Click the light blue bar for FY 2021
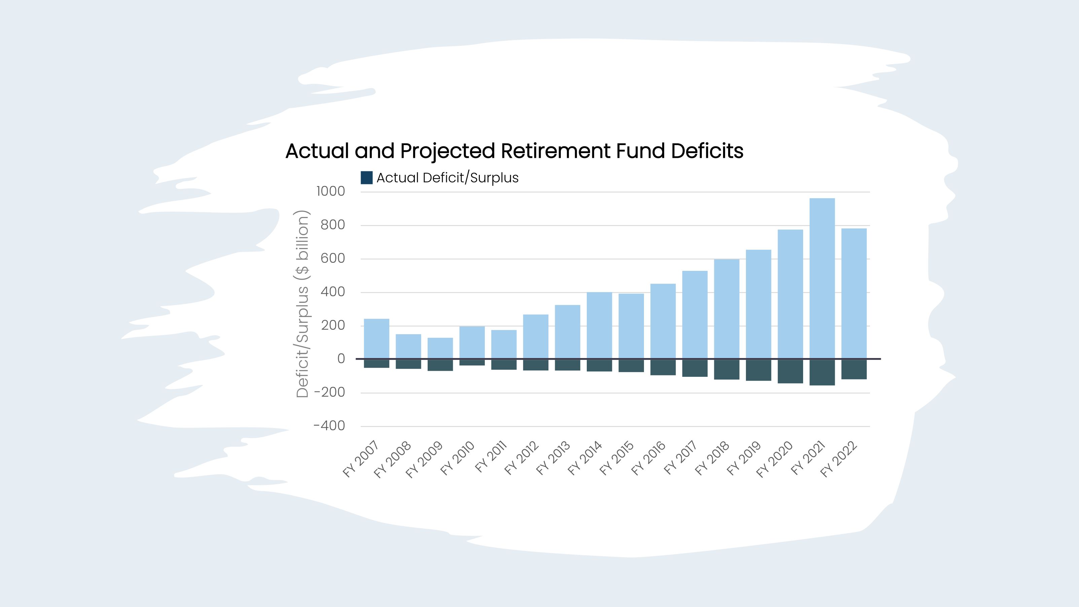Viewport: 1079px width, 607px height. (822, 279)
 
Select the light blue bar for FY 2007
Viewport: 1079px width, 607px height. (376, 339)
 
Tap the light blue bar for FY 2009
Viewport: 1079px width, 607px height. (440, 348)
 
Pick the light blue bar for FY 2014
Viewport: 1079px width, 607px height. (599, 325)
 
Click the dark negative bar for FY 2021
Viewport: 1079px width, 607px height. (822, 372)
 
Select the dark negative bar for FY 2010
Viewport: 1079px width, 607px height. (472, 362)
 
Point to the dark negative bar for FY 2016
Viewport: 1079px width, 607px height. (663, 367)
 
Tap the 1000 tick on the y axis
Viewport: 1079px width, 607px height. (330, 191)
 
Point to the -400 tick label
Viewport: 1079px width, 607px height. (329, 426)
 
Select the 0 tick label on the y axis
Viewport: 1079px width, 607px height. (341, 359)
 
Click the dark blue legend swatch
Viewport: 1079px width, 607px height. (366, 178)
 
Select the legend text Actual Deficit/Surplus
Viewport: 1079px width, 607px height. (447, 178)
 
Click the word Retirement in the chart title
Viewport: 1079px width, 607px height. (555, 151)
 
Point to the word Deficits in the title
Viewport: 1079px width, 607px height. (707, 151)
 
